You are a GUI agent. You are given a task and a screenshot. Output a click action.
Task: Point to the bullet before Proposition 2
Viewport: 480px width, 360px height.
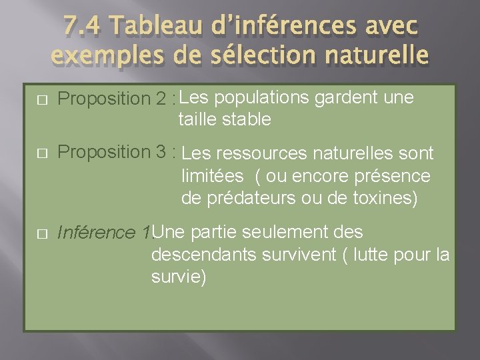click(x=41, y=99)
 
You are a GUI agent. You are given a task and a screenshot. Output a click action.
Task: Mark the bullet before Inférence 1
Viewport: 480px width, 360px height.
click(x=41, y=234)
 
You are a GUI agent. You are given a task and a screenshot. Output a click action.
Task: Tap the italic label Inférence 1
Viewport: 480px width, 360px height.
click(x=104, y=233)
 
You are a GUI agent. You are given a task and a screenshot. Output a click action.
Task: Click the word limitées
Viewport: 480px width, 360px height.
click(x=213, y=177)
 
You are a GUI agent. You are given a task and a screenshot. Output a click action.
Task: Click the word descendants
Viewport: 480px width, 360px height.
click(x=203, y=255)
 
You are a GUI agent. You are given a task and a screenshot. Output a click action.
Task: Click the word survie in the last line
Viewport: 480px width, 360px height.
click(x=177, y=277)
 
